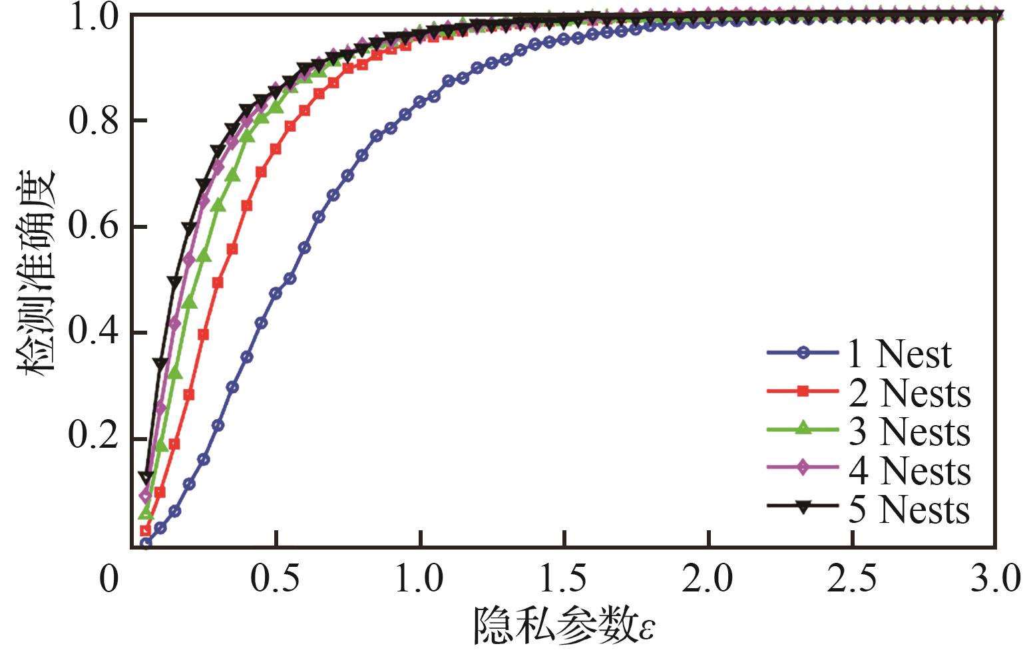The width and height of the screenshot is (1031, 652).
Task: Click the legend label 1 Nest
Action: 899,354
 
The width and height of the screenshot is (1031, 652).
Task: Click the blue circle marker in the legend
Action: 803,354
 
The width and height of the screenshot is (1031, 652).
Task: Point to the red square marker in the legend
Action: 803,393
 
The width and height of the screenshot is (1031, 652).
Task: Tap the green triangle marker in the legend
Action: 803,430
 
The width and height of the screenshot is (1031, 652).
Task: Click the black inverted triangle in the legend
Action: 803,508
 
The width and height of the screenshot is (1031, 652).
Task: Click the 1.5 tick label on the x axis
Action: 565,579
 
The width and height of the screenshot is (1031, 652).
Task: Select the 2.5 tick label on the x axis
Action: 853,579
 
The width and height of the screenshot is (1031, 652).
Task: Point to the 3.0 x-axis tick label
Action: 996,579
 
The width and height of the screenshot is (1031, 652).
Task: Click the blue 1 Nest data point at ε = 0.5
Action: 276,293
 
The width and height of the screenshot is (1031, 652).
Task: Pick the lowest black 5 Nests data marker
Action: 146,477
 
